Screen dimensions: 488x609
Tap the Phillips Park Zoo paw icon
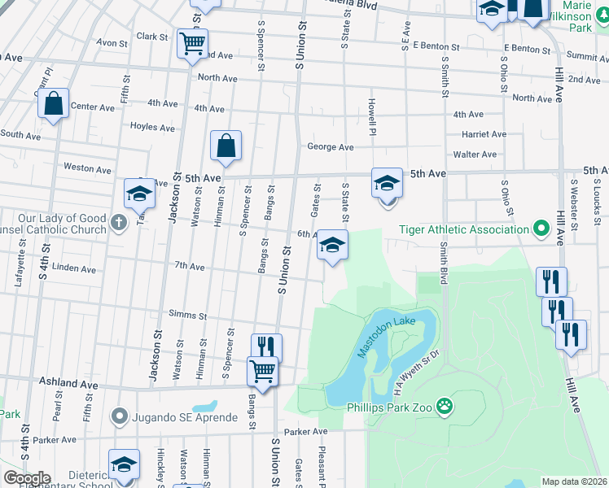tap(444, 405)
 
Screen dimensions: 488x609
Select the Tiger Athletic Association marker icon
tap(539, 229)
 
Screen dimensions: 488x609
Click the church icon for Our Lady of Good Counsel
tap(119, 223)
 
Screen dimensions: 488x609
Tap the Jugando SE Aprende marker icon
tap(120, 418)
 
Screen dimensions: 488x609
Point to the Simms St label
tap(188, 315)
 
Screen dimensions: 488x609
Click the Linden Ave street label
tap(73, 268)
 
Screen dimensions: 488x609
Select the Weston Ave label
tap(81, 168)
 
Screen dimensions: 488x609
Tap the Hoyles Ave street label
tap(153, 128)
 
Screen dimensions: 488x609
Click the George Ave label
tap(330, 147)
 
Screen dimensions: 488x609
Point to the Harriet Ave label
tap(484, 134)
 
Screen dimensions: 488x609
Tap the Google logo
tap(27, 478)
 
